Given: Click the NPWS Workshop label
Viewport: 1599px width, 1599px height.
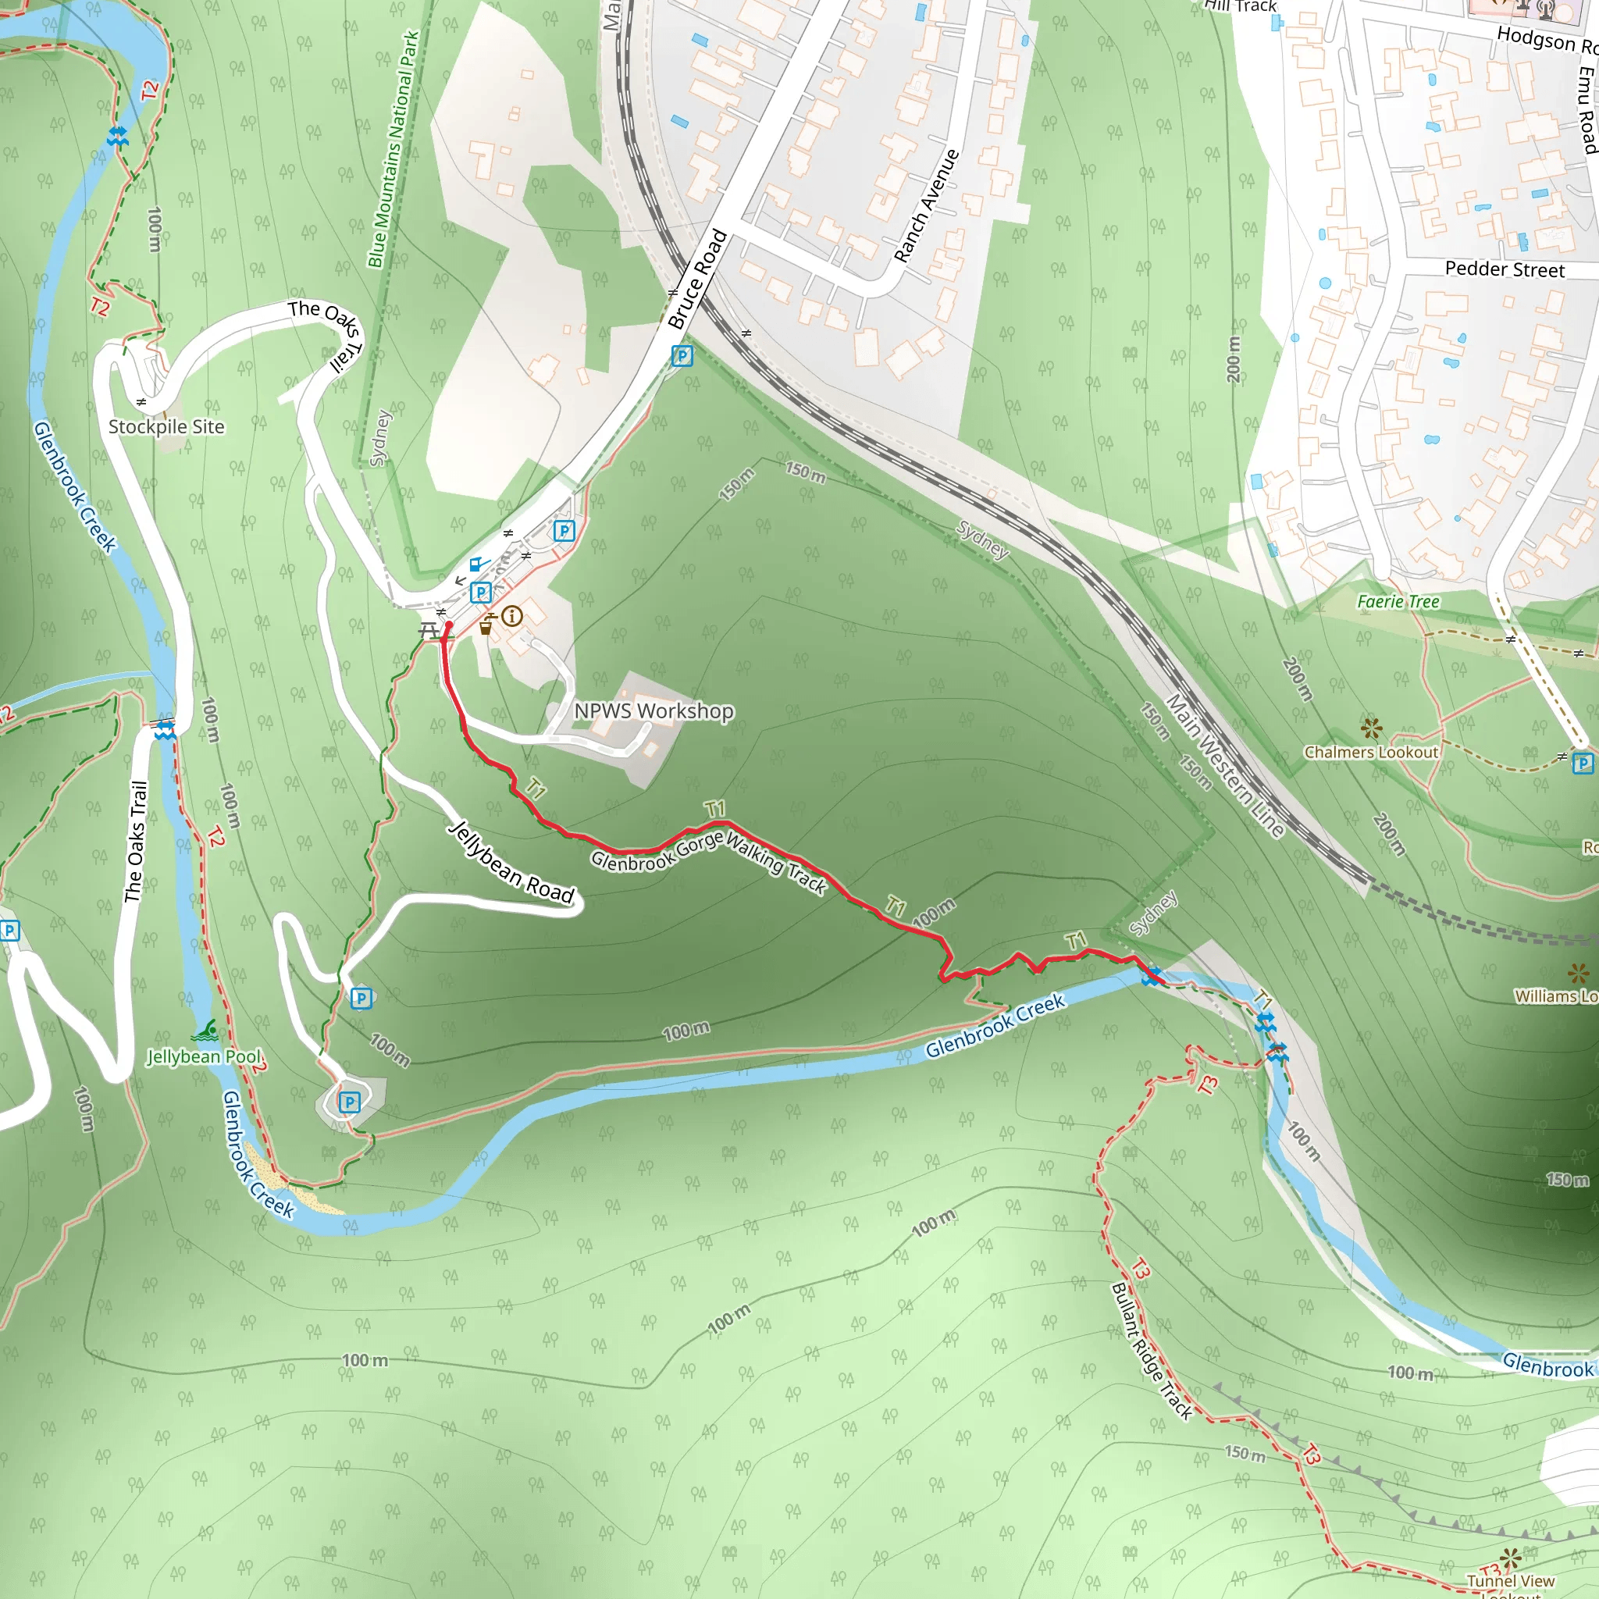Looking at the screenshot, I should click(653, 711).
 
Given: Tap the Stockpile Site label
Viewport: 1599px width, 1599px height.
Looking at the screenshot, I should click(166, 427).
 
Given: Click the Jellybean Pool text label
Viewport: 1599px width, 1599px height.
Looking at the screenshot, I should click(204, 1057).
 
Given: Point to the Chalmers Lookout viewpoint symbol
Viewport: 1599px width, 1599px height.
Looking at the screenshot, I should click(1371, 728).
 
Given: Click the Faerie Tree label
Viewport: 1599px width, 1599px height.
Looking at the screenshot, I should click(1398, 602).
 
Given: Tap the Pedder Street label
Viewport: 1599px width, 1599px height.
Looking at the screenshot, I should click(1505, 270).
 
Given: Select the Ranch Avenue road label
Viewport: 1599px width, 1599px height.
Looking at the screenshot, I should click(927, 206).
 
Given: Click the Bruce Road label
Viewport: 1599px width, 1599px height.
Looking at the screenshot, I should click(697, 279).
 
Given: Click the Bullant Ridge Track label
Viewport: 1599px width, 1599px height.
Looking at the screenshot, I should click(1152, 1351).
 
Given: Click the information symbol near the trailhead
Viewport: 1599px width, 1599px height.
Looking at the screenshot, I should click(512, 616).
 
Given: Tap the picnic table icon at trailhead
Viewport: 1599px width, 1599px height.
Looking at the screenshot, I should click(429, 632).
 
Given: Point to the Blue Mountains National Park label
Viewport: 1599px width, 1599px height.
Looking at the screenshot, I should click(394, 150).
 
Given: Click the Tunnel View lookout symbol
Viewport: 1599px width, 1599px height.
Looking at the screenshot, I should click(1510, 1558).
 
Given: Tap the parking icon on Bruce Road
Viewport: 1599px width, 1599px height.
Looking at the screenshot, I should click(682, 357).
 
